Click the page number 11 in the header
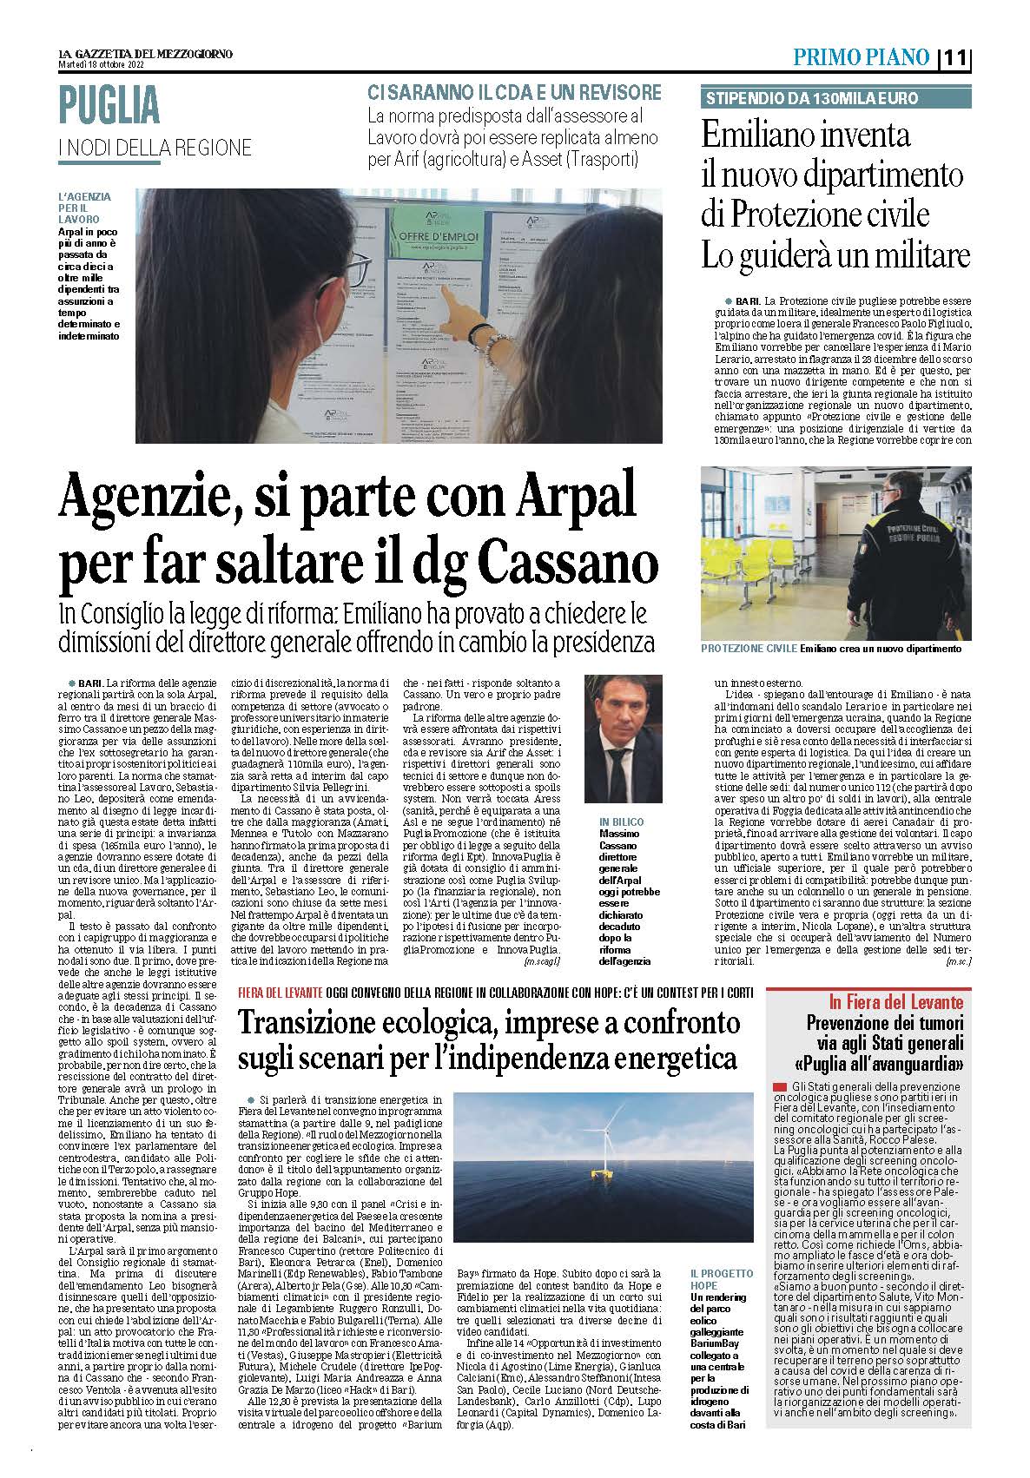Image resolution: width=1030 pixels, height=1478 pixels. coord(957,58)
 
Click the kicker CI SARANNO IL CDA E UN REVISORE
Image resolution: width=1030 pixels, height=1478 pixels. coord(514,93)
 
